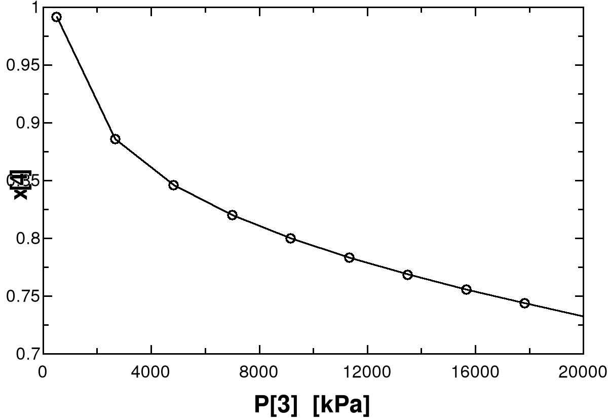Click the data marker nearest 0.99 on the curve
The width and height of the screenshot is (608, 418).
pyautogui.click(x=56, y=17)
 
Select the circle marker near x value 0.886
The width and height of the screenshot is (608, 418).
pyautogui.click(x=115, y=139)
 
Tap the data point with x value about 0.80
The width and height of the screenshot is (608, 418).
pyautogui.click(x=290, y=238)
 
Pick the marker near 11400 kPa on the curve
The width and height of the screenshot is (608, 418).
pyautogui.click(x=349, y=257)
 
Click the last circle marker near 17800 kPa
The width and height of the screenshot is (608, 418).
pyautogui.click(x=524, y=303)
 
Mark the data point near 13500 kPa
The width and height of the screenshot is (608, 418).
pyautogui.click(x=407, y=275)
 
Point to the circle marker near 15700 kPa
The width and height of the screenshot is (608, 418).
pyautogui.click(x=466, y=289)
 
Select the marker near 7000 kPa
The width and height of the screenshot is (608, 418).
pyautogui.click(x=232, y=215)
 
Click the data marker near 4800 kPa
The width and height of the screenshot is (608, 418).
pyautogui.click(x=173, y=185)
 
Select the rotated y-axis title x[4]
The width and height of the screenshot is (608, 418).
pyautogui.click(x=20, y=185)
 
